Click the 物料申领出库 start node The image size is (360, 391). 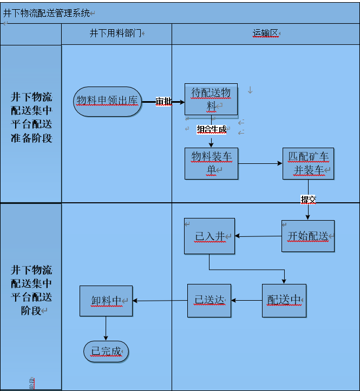[x=108, y=101]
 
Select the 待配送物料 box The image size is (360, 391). [x=211, y=99]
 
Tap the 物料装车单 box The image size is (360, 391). [x=211, y=163]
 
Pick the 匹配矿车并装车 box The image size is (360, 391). [x=308, y=163]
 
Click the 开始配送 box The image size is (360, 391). [x=307, y=236]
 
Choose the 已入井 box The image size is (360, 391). [x=210, y=236]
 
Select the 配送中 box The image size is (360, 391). [x=284, y=301]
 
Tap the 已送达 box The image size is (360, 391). [x=209, y=301]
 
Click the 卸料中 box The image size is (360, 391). [x=106, y=301]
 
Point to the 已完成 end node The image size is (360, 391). [x=106, y=352]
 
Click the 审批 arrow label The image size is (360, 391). [x=163, y=101]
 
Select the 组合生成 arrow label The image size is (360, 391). [x=211, y=129]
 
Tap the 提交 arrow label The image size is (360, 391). [x=308, y=199]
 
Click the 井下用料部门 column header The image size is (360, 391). [x=116, y=34]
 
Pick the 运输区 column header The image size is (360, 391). [x=265, y=34]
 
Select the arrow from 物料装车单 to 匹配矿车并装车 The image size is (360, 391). [x=260, y=163]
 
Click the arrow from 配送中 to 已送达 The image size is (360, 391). [x=247, y=301]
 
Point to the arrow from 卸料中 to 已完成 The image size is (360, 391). [x=106, y=329]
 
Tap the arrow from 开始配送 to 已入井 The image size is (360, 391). [x=258, y=236]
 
